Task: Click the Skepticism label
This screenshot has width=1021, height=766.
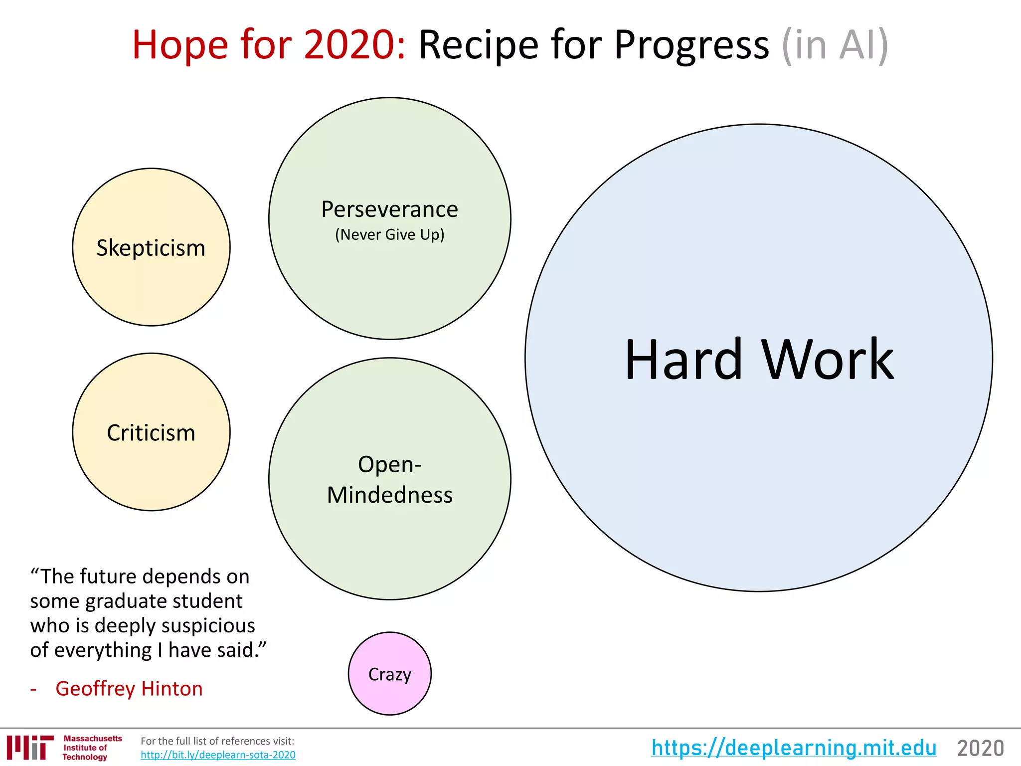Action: coord(151,248)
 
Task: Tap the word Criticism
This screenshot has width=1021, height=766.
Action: coord(151,433)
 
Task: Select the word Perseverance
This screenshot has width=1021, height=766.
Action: coord(389,209)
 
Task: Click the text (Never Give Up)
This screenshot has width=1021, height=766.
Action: coord(389,234)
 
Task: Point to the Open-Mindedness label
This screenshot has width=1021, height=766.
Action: coord(389,479)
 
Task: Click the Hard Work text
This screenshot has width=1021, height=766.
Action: coord(759,359)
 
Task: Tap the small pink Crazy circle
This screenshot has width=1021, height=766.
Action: coord(389,674)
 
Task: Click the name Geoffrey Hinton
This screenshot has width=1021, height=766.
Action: coord(129,689)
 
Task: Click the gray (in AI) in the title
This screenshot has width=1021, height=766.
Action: coord(835,45)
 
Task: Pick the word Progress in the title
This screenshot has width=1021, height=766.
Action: coord(691,45)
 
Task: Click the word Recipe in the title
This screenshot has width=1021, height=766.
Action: coord(479,45)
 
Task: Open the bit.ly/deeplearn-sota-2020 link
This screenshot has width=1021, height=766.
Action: coord(218,755)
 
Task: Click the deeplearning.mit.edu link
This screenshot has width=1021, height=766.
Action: coord(794,748)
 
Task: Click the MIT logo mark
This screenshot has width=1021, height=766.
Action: coord(30,748)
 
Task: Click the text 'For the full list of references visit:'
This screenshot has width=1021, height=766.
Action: coord(217,741)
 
